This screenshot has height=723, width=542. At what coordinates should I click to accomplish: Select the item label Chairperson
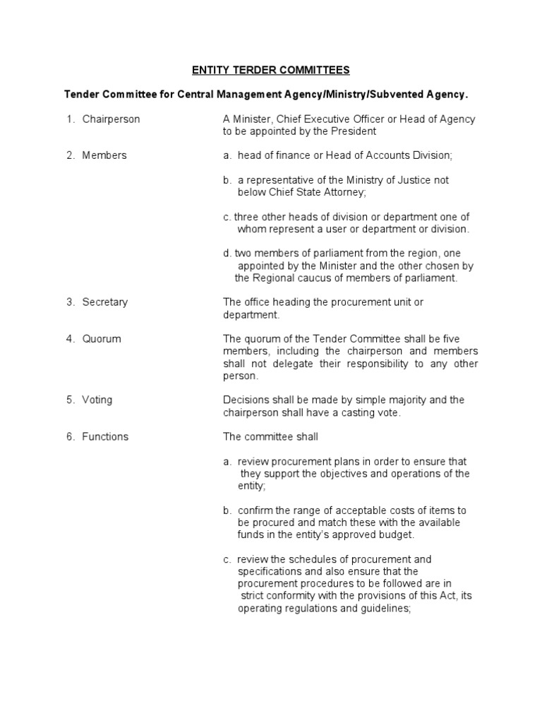[x=111, y=119]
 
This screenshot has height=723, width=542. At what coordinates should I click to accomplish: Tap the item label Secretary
[x=105, y=302]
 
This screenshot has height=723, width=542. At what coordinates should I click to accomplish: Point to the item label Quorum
[x=102, y=339]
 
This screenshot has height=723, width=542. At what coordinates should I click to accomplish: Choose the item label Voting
[x=97, y=400]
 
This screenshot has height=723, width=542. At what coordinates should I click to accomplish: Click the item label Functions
[x=105, y=436]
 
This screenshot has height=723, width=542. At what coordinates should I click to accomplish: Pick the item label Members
[x=104, y=155]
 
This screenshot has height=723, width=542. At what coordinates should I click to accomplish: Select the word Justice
[x=405, y=180]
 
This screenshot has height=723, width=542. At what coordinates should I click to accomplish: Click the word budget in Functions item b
[x=394, y=534]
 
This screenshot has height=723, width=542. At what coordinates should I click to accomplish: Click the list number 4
[x=71, y=339]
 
